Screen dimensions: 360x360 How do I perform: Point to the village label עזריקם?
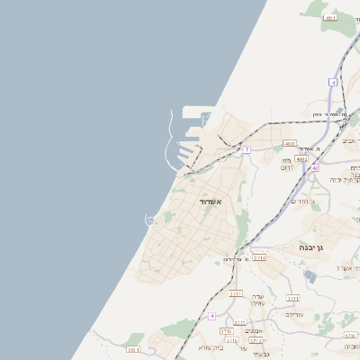pos(294,314)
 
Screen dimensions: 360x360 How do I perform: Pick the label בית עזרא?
pos(211,347)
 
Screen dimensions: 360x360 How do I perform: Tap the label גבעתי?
pos(249,354)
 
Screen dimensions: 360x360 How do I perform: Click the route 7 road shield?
pos(246,149)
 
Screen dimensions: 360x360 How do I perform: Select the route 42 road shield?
pos(315,168)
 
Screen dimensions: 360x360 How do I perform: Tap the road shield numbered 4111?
pos(330,17)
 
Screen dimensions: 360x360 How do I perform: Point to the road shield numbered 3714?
pos(259,257)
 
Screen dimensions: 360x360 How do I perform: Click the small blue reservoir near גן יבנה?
pos(310,275)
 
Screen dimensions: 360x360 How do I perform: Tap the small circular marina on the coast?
pos(150,220)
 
